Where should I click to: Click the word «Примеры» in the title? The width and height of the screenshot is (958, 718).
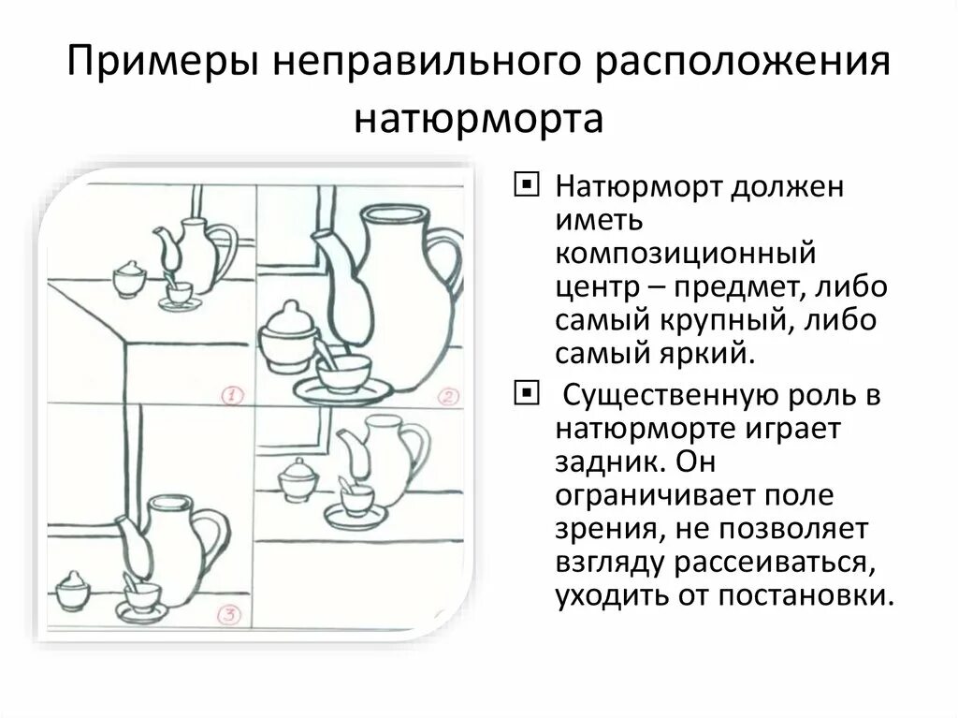click(x=165, y=66)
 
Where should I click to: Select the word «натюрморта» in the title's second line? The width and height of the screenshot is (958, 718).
click(x=478, y=119)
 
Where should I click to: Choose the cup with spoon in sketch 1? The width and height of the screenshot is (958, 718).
click(x=178, y=292)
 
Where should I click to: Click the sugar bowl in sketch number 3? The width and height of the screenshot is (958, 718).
click(x=72, y=592)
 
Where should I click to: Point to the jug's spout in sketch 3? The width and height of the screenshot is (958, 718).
click(x=132, y=548)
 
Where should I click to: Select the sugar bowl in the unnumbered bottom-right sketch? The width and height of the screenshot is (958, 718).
click(x=298, y=479)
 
